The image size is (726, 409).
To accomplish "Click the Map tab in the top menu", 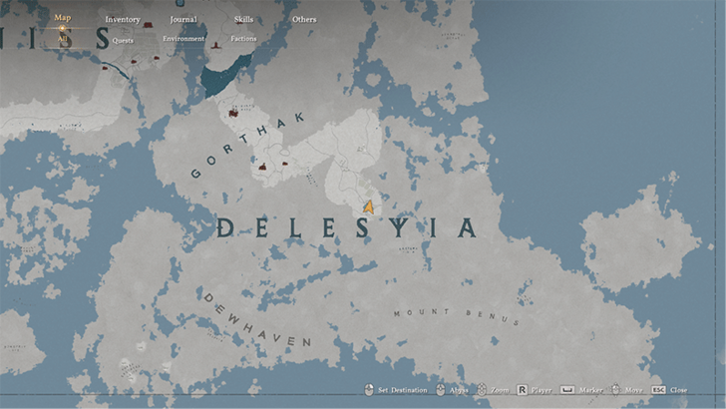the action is [x=62, y=18].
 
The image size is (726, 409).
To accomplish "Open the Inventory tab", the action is [x=123, y=19].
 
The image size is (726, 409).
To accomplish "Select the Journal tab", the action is [x=183, y=19].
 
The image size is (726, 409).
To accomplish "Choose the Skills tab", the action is [x=243, y=19].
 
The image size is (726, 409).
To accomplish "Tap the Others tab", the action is [x=304, y=19].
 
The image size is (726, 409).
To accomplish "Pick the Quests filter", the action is [x=123, y=41].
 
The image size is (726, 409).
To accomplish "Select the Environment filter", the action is [x=183, y=39].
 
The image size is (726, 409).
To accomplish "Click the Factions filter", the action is [x=243, y=39].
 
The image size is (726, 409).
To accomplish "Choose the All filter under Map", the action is [x=62, y=39].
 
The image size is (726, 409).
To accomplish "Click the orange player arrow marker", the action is [x=369, y=206].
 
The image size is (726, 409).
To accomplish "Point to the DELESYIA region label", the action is [x=346, y=228].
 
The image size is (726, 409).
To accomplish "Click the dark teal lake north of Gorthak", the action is [x=221, y=76].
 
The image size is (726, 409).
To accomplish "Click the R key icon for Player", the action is [x=521, y=389].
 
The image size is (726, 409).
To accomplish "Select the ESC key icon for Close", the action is [x=658, y=389].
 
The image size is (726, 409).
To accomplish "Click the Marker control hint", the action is [x=583, y=389].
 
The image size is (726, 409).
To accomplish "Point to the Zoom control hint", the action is [x=490, y=389].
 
